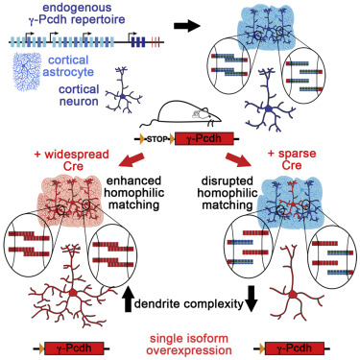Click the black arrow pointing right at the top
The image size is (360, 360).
click(186, 27)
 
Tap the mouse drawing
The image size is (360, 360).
click(180, 114)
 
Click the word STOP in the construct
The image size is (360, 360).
click(156, 139)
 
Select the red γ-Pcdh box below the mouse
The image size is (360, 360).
click(204, 139)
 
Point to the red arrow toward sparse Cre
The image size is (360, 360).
click(239, 159)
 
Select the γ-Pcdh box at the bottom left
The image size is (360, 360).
click(74, 348)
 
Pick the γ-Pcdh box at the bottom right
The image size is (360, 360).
click(295, 348)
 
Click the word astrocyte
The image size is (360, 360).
click(68, 72)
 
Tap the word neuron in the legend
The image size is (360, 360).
click(79, 102)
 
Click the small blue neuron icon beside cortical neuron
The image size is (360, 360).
click(124, 89)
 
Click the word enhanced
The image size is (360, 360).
click(133, 180)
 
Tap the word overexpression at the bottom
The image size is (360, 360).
click(189, 350)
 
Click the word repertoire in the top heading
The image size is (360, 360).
click(98, 19)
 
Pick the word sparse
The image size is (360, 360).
click(297, 154)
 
